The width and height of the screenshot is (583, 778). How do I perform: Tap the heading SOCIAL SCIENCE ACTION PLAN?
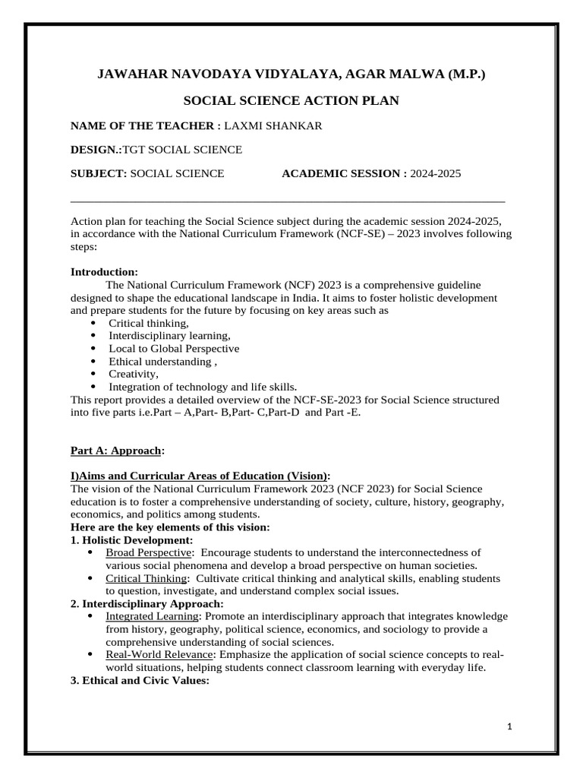[291, 100]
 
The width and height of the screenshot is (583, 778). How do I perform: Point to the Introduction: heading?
[104, 271]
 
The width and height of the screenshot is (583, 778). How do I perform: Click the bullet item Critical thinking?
[148, 323]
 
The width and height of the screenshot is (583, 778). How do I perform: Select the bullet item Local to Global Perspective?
[174, 348]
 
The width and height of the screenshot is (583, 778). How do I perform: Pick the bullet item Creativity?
[134, 374]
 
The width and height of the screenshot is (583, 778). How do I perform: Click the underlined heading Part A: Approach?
[116, 450]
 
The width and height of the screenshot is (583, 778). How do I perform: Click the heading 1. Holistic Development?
[132, 539]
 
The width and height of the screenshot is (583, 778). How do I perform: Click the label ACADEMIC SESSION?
[340, 173]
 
